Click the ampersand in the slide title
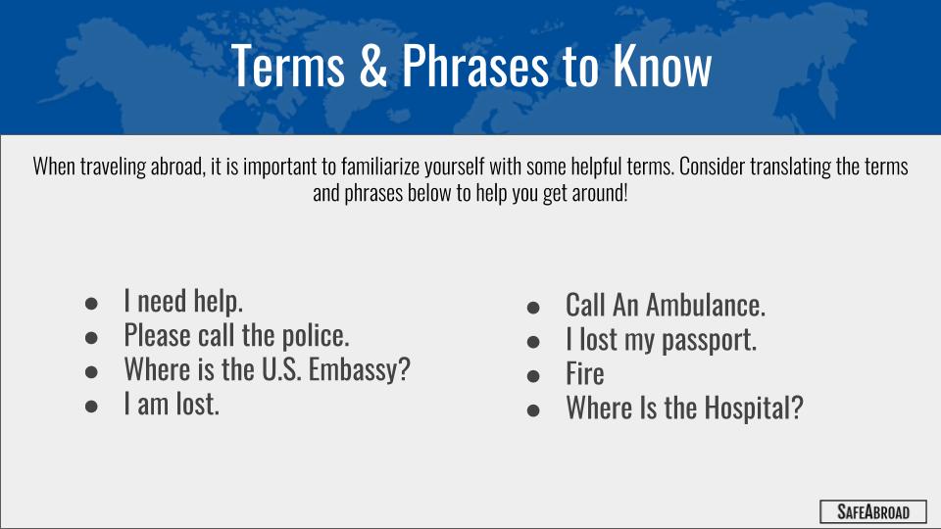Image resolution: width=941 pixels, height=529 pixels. pos(373,66)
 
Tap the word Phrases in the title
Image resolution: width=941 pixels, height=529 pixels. pos(474,66)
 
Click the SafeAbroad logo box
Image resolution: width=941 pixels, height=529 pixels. pos(873,511)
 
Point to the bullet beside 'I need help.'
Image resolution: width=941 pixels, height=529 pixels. pos(91,304)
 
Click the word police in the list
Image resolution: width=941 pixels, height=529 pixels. pos(316,336)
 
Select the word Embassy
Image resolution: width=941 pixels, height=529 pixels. pos(359,369)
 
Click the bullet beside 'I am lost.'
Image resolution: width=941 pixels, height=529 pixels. pos(91,407)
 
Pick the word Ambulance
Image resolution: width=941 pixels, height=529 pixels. pos(706,305)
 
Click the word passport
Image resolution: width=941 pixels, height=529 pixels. pos(709,341)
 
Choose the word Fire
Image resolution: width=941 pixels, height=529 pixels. pos(584,373)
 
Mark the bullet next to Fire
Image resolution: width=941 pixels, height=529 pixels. pos(533,376)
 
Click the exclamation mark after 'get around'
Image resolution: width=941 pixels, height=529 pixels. pos(625,193)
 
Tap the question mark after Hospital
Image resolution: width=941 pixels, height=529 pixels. pos(797,408)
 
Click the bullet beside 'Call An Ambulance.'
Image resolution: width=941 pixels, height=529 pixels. pos(533,308)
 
